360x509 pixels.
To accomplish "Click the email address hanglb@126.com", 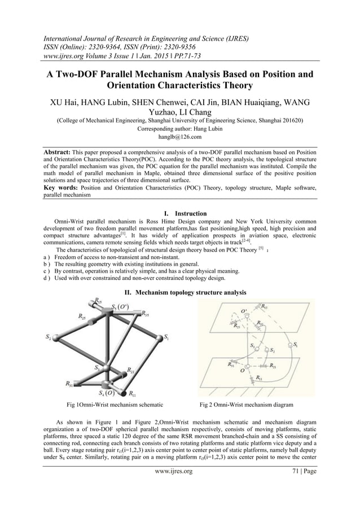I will click(180, 136).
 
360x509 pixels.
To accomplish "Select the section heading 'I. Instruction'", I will click(180, 214).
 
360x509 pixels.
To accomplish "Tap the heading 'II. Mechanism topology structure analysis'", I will click(180, 292).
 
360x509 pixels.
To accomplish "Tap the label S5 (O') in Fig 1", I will click(121, 307).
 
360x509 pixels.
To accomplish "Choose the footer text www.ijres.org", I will click(180, 486).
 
